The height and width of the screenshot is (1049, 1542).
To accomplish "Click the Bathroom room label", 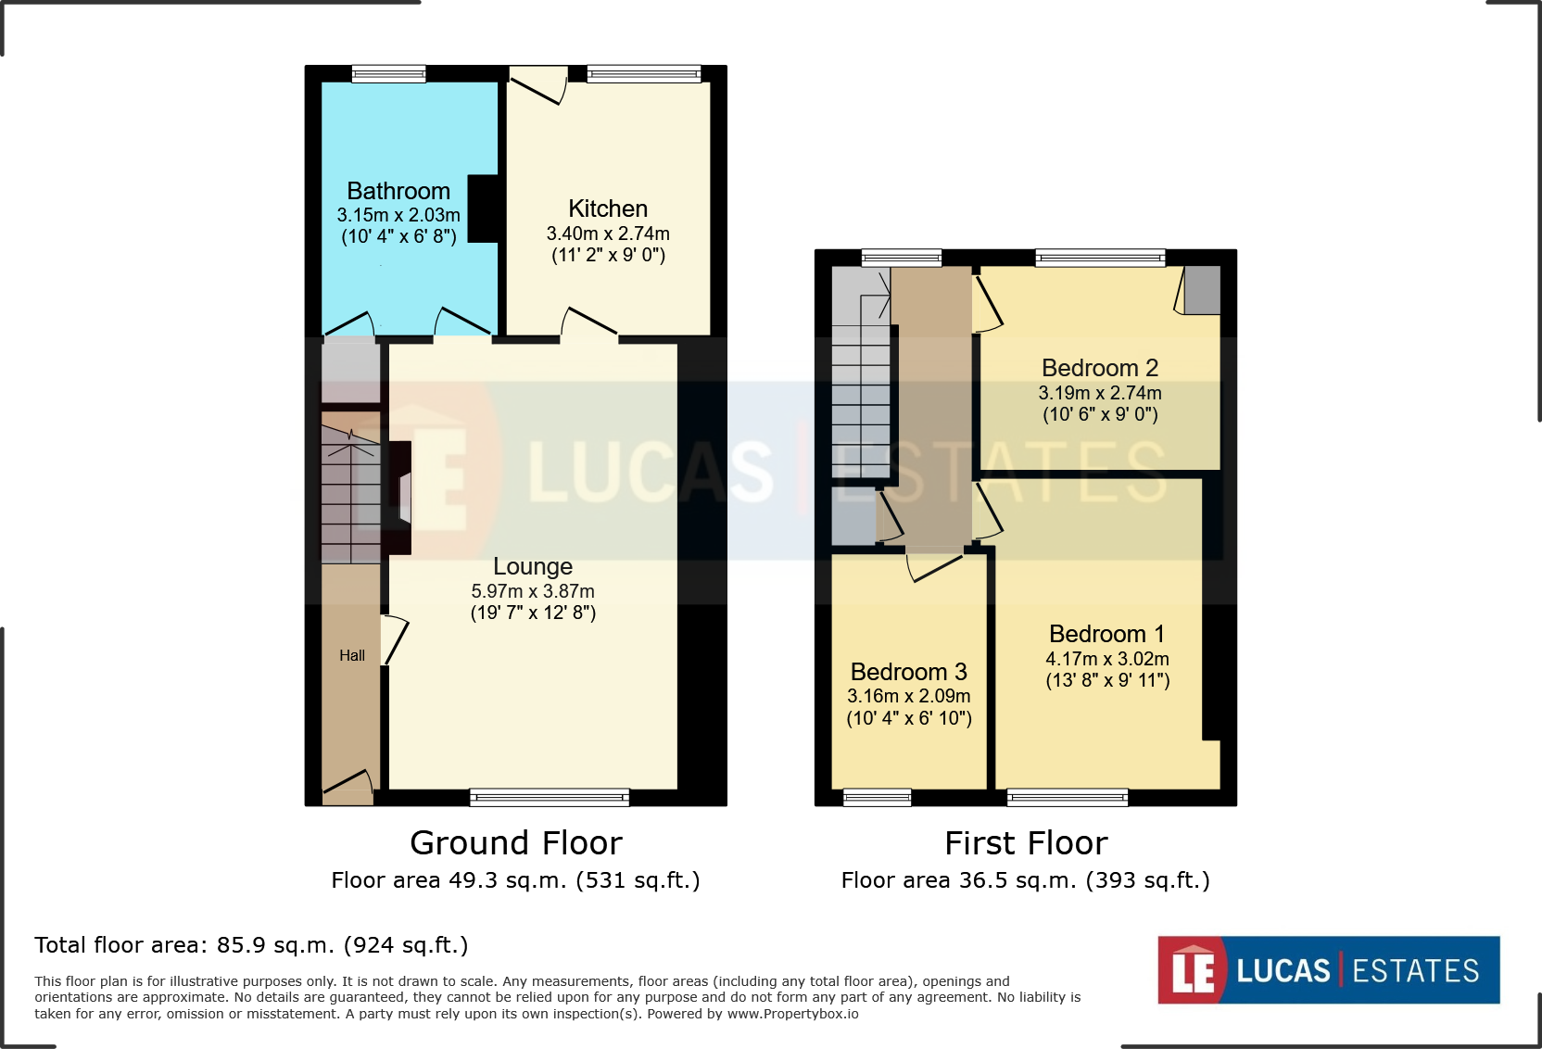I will point(398,191).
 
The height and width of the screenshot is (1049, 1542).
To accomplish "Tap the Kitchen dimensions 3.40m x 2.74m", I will point(608,234).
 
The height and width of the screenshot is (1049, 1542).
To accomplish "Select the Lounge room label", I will point(533,566).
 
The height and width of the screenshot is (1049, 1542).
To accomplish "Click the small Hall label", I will point(352,655).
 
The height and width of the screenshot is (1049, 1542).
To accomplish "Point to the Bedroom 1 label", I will point(1106,634).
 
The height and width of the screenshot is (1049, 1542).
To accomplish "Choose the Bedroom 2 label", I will point(1100,368).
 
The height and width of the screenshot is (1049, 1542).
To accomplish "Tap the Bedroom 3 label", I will point(908,672).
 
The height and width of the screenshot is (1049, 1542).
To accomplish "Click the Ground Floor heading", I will point(516,843).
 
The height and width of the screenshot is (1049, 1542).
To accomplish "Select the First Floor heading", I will point(1026,843).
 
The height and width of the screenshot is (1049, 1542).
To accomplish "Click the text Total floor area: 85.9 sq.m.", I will point(251,945).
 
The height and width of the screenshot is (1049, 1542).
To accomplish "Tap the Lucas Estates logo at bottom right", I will point(1328,970).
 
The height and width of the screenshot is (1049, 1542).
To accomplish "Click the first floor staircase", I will point(861,380).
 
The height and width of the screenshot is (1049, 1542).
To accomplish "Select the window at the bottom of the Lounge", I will point(550,797).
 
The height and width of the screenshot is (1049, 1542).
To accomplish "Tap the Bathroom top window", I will point(388,73).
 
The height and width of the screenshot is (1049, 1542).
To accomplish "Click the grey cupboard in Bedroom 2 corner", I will point(1202,290).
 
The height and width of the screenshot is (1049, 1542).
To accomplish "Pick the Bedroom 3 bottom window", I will point(877,797).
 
